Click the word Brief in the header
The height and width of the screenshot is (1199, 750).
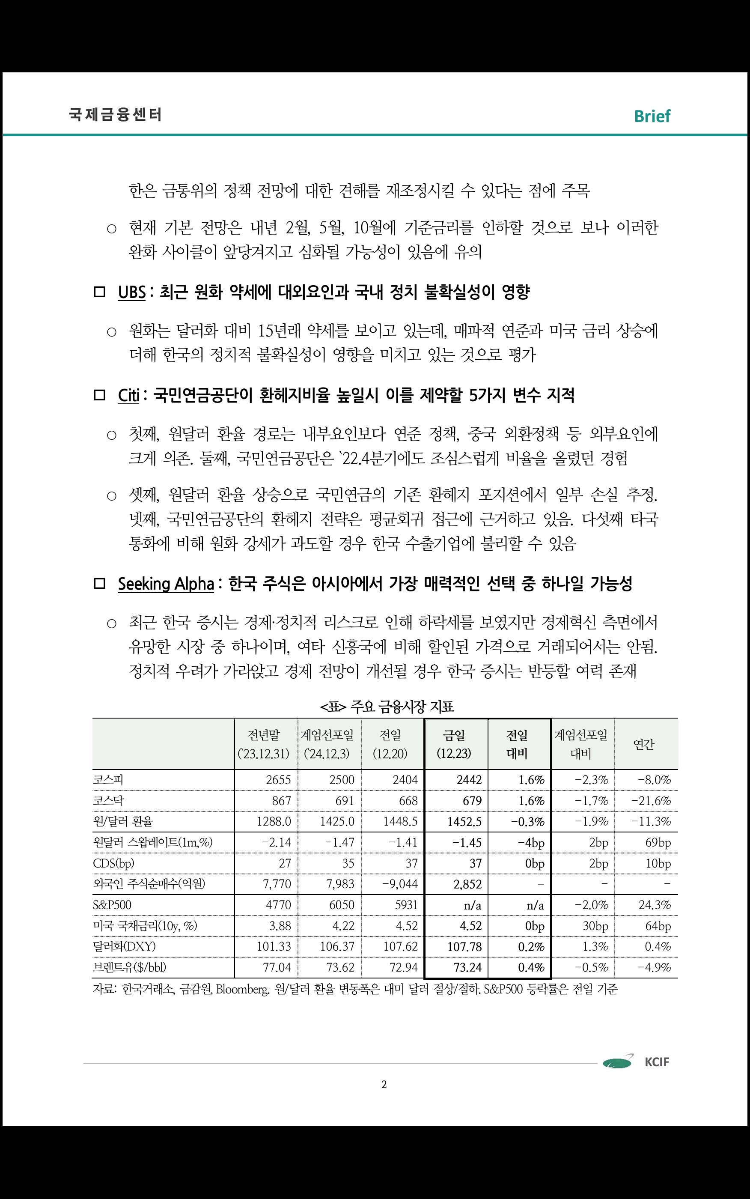click(652, 116)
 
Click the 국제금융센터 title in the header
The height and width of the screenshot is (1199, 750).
click(115, 115)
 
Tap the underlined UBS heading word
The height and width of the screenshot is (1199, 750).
click(132, 292)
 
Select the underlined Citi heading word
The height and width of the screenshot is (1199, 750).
click(128, 395)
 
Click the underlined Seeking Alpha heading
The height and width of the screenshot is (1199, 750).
click(166, 584)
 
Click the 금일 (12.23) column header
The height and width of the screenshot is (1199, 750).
click(454, 744)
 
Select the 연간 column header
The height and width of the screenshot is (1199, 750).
click(644, 744)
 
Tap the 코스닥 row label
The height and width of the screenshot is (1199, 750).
click(109, 801)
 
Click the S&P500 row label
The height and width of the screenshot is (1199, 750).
click(112, 905)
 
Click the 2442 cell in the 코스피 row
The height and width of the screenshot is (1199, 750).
click(469, 780)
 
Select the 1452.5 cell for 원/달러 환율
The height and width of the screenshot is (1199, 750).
click(464, 821)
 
